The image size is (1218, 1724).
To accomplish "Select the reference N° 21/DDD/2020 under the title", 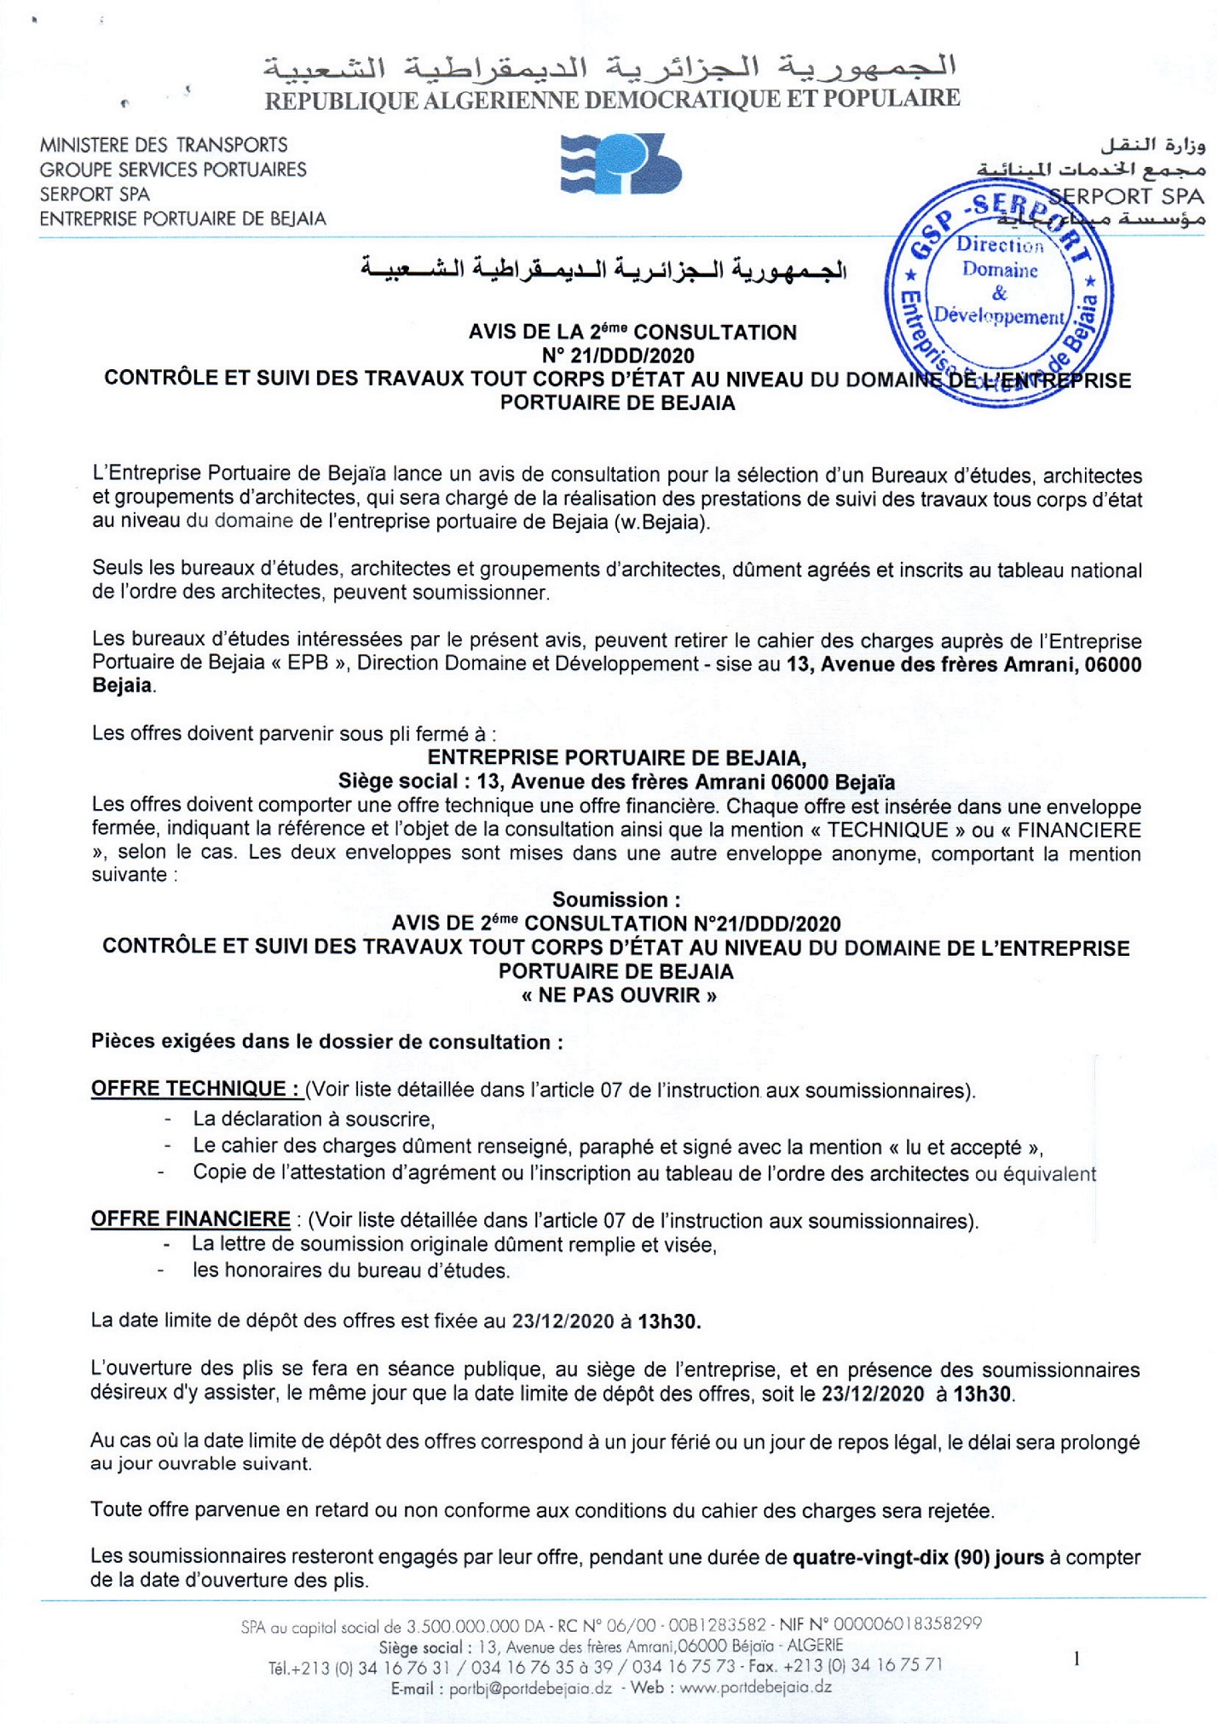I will point(618,356).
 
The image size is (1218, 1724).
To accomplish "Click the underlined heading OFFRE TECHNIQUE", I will point(195,1089).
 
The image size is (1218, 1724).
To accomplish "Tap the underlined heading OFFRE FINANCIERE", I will point(191,1219).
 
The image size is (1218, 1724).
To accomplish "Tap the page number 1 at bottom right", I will point(1077,1658).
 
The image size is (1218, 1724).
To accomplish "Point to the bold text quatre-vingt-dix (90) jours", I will point(918,1558).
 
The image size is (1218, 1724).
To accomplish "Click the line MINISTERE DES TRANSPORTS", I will point(164,145).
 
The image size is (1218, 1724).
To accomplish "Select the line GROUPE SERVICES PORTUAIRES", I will point(173,170).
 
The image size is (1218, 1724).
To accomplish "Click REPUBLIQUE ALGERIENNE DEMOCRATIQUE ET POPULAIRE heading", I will point(612,100).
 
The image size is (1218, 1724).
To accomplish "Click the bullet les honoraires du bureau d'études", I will point(350,1270).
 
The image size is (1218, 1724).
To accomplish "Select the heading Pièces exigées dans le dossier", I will point(326,1042).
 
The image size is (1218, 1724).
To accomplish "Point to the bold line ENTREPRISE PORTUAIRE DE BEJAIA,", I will point(616,757).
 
